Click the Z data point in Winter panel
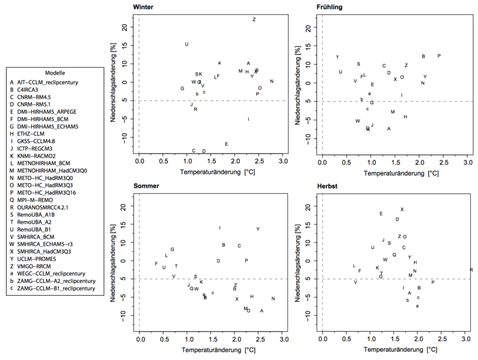(254, 20)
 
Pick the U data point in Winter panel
(187, 44)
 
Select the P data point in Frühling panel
(439, 56)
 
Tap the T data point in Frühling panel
(338, 58)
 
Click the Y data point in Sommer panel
(258, 229)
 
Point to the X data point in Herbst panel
(402, 209)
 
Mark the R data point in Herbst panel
(471, 270)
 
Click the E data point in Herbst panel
(381, 214)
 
